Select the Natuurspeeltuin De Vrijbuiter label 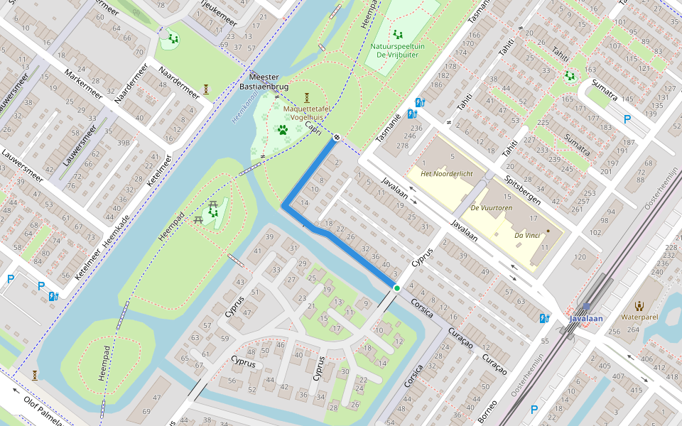(398, 50)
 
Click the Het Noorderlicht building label (447, 174)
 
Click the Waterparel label (639, 317)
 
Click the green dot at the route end (396, 288)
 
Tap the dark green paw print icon (283, 130)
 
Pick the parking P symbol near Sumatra (627, 119)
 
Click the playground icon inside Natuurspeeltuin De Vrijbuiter (398, 33)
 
